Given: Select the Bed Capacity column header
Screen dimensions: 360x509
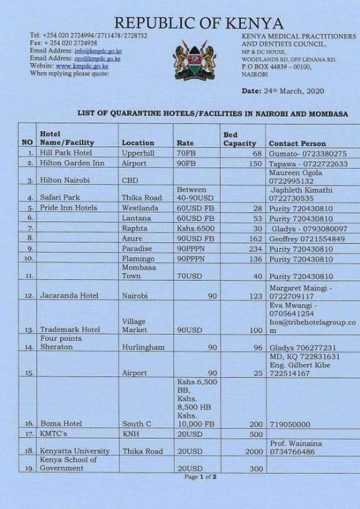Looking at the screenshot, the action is (240, 139).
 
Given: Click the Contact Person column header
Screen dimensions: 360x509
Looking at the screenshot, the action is (297, 143).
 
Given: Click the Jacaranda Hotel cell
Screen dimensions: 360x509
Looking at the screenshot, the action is (70, 295).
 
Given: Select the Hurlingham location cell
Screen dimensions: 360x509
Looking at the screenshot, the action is (143, 347).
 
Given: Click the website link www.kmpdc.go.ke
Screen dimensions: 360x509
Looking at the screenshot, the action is (82, 66).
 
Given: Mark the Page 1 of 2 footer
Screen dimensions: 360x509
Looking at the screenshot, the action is (200, 476).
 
